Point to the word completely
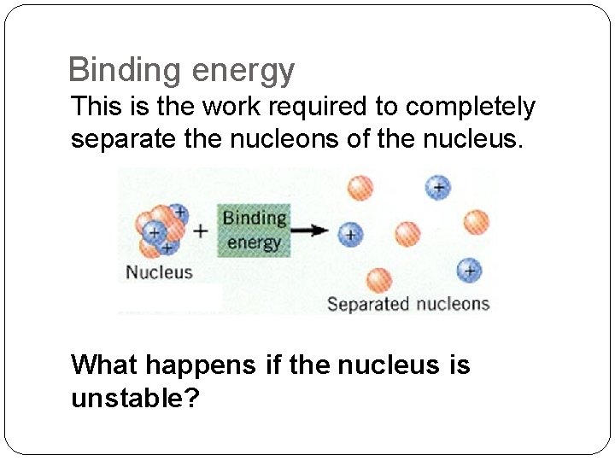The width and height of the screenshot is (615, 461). coord(471,108)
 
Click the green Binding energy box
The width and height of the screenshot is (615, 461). coord(254,230)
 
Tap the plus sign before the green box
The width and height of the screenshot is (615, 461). coord(200,230)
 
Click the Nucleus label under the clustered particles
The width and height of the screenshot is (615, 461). coord(159,272)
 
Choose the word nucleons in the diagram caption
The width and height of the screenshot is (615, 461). coord(453,304)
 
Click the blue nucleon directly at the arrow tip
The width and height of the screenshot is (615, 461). coord(349,233)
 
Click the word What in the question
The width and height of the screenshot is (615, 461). coord(104,365)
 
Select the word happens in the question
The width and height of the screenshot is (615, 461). coord(200,366)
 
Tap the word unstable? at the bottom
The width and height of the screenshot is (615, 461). coord(135,398)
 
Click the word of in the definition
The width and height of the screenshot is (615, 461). coord(354,138)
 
